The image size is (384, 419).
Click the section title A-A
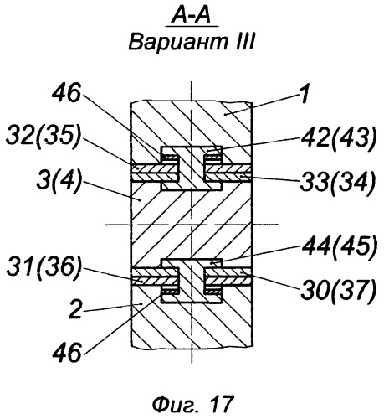point(192,16)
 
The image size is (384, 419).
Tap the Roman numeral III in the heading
point(244,42)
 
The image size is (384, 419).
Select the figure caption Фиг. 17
point(192,404)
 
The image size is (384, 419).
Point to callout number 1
point(305,95)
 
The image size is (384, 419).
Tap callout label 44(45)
point(339,246)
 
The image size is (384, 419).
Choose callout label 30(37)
point(338,290)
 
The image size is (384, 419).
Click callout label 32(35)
point(43,135)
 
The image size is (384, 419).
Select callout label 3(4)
point(59,182)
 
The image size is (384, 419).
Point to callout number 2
point(75,309)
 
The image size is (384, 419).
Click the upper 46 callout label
point(66,93)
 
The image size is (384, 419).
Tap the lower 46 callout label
point(67,353)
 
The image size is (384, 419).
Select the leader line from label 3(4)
point(111,191)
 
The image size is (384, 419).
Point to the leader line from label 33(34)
point(270,178)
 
